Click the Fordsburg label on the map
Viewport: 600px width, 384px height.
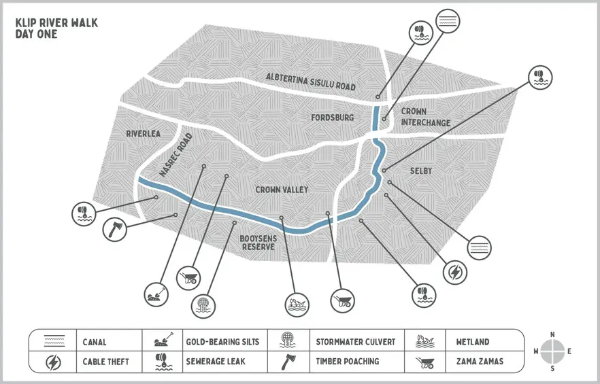point(332,118)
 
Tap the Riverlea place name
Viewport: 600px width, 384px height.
point(143,134)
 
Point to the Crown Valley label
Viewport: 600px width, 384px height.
point(282,190)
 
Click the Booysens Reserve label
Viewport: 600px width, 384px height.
point(257,243)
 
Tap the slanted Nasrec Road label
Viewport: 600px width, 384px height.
point(176,155)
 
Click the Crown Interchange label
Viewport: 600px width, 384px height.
point(425,117)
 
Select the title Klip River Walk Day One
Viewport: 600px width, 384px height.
point(56,28)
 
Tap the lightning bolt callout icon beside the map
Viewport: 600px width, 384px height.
point(454,272)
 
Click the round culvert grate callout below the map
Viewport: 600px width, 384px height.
point(202,304)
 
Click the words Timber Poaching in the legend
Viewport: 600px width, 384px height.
point(348,362)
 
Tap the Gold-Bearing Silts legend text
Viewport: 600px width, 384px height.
point(222,342)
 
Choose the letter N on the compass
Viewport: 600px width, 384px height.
point(552,334)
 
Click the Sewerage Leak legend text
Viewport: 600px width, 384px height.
point(216,362)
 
